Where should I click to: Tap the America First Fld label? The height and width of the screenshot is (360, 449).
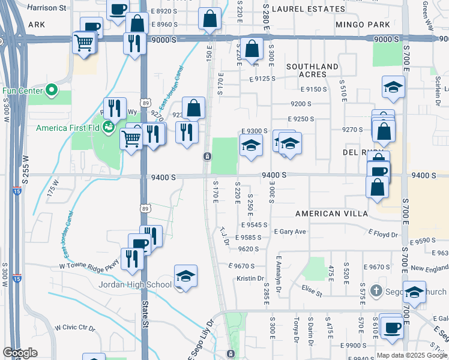(68, 127)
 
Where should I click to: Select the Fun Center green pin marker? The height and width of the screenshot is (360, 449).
(52, 91)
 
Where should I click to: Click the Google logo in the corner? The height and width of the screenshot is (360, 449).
(20, 353)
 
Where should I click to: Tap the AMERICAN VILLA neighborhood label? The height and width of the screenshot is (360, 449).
(327, 214)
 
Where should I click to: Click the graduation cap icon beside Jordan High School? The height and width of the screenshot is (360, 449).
(186, 276)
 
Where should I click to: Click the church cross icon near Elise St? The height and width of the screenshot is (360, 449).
(376, 291)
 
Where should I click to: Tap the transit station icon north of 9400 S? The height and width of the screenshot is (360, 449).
(206, 157)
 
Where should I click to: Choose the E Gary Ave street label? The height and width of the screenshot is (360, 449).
(290, 232)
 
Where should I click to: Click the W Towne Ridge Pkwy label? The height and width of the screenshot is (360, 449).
(88, 265)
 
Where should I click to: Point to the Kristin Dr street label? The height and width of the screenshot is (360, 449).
(250, 278)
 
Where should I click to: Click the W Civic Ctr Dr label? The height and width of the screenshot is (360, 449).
(75, 328)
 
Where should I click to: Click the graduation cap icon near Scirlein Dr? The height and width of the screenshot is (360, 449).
(393, 88)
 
